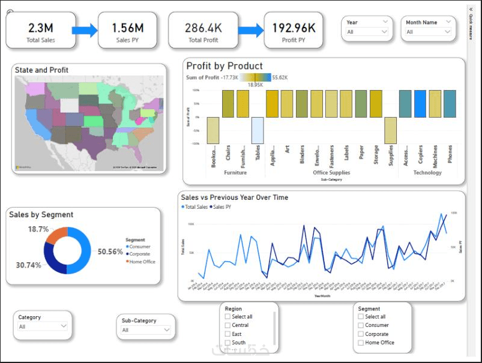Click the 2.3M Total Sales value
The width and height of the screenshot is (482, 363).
[x=40, y=27]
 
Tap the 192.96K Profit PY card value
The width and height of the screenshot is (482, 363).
[x=294, y=27]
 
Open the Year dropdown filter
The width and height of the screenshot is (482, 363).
[x=367, y=32]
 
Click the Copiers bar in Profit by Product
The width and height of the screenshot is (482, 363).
[x=420, y=104]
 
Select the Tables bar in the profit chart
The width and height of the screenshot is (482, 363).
[x=257, y=130]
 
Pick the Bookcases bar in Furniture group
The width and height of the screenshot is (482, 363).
[x=213, y=130]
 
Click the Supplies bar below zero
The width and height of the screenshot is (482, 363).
[x=390, y=130]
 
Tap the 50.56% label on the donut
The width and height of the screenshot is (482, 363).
[x=110, y=251]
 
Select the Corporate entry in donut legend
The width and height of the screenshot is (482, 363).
[x=139, y=254]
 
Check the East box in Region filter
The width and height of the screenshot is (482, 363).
[x=227, y=334]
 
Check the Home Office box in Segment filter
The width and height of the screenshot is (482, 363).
[x=360, y=343]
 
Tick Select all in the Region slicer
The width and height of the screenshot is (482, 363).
[x=227, y=317]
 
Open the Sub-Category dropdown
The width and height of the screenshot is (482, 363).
[x=146, y=330]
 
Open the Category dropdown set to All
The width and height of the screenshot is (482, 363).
[x=43, y=326]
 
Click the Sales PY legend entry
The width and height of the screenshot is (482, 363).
[x=221, y=207]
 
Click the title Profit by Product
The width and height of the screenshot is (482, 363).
[x=224, y=66]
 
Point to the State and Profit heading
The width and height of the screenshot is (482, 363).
[x=41, y=70]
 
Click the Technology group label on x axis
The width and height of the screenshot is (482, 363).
[x=427, y=173]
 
